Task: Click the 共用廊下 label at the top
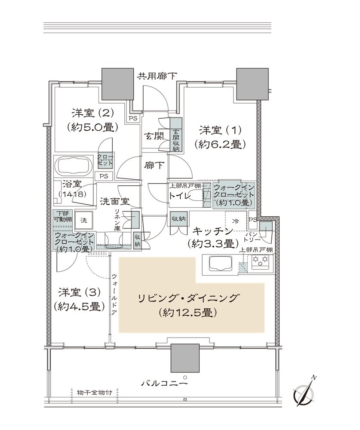point(157,76)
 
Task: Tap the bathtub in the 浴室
point(73,165)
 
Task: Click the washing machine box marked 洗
point(83,220)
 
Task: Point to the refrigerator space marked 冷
point(235,221)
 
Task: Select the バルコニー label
point(165,383)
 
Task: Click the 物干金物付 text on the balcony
point(95,393)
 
